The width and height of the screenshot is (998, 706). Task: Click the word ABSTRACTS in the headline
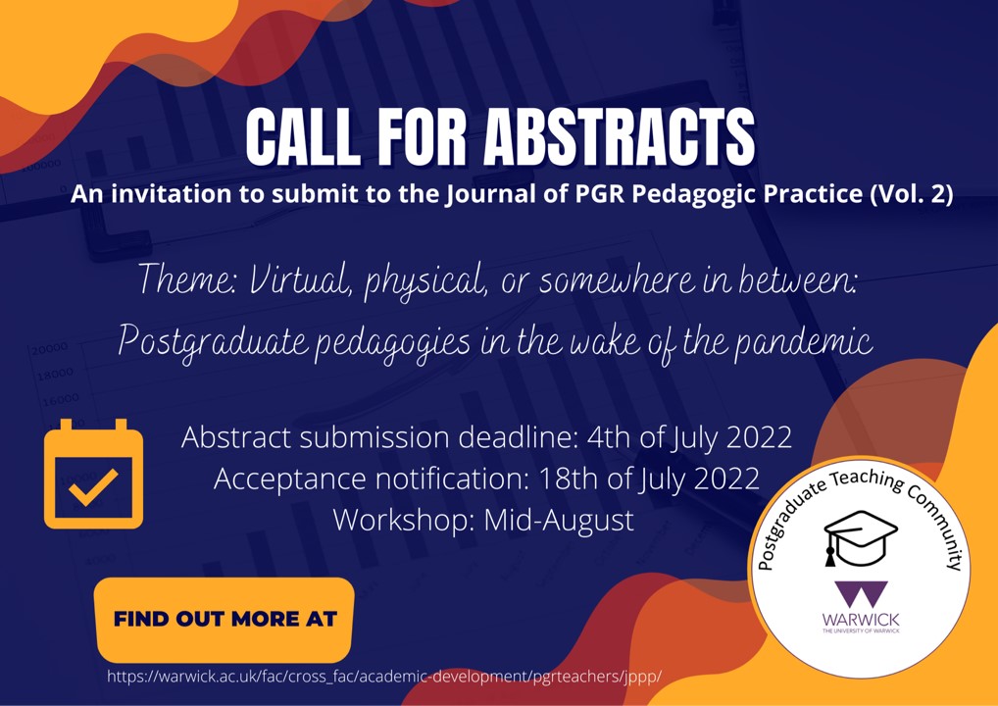tap(620, 138)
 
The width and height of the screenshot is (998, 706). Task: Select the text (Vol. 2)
tap(911, 194)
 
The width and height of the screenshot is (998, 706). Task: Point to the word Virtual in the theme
tap(300, 280)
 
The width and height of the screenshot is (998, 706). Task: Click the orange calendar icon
tap(93, 474)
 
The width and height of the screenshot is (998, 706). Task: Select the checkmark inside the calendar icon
tap(93, 487)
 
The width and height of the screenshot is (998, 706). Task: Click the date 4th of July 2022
tap(689, 438)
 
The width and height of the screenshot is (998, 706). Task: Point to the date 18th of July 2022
tap(649, 479)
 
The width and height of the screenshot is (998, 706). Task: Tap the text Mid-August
tap(559, 520)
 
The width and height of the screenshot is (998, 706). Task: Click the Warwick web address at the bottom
tap(384, 676)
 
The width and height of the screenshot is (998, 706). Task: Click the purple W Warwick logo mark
tap(861, 594)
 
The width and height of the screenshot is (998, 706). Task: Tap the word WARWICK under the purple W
tap(861, 620)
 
